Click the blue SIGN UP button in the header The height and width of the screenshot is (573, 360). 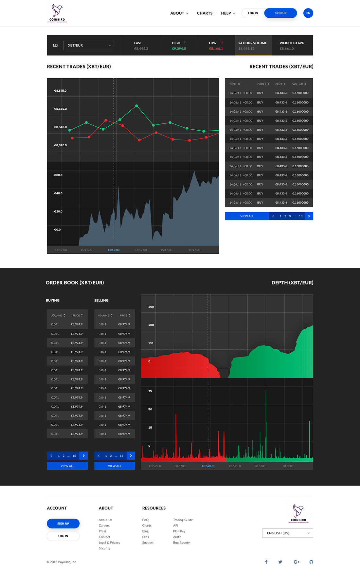[x=280, y=13]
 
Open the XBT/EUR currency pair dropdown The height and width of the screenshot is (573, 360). [x=89, y=45]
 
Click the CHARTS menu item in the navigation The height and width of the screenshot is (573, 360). [x=205, y=13]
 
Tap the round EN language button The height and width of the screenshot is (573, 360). [x=308, y=13]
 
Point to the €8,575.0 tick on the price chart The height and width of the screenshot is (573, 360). [x=61, y=91]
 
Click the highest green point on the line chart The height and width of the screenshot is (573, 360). [x=136, y=106]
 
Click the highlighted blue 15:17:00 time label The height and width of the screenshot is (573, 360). [x=114, y=250]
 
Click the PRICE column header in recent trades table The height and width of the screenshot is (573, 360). [x=280, y=84]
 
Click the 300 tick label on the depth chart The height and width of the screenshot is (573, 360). [x=151, y=307]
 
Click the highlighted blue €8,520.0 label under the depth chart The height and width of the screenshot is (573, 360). [x=207, y=466]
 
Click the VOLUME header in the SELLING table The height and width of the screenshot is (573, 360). [x=105, y=315]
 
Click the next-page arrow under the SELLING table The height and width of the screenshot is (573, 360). [x=131, y=455]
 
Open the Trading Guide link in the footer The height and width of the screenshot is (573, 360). [x=183, y=520]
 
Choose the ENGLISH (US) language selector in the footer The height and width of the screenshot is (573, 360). [x=287, y=533]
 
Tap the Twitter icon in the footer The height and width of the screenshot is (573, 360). [x=280, y=562]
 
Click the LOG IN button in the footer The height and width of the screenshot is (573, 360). [x=63, y=536]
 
